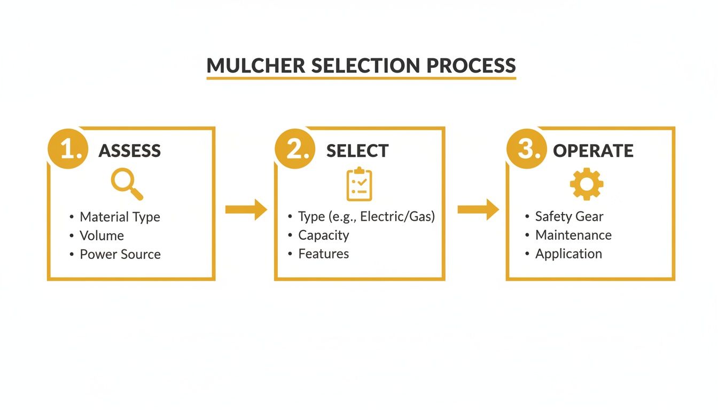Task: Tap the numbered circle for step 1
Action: pyautogui.click(x=68, y=149)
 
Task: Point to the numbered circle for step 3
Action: pyautogui.click(x=526, y=149)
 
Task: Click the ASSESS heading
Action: pyautogui.click(x=130, y=151)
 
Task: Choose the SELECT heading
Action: pyautogui.click(x=357, y=151)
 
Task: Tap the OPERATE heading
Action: pyautogui.click(x=593, y=151)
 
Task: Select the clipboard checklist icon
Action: pyautogui.click(x=359, y=184)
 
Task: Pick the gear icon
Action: pyautogui.click(x=587, y=184)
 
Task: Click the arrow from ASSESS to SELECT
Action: pyautogui.click(x=246, y=209)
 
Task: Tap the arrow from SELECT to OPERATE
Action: pyautogui.click(x=478, y=209)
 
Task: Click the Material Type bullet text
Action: pyautogui.click(x=120, y=217)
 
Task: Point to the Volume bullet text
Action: pyautogui.click(x=102, y=236)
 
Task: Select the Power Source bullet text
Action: pyautogui.click(x=120, y=255)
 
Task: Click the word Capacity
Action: pyautogui.click(x=324, y=235)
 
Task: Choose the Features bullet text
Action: pyautogui.click(x=324, y=254)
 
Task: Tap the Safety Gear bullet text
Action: pyautogui.click(x=569, y=217)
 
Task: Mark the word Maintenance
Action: pyautogui.click(x=573, y=235)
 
